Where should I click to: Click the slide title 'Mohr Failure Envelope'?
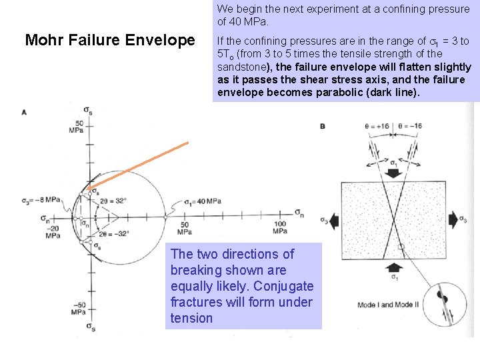pyautogui.click(x=109, y=41)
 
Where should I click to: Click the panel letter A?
pyautogui.click(x=24, y=112)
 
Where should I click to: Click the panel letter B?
pyautogui.click(x=323, y=126)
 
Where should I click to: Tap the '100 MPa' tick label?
pyautogui.click(x=280, y=227)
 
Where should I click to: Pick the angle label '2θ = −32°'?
pyautogui.click(x=114, y=233)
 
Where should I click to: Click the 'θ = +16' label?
pyautogui.click(x=377, y=125)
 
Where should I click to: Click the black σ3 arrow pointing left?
pyautogui.click(x=331, y=219)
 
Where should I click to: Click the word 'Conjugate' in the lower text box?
pyautogui.click(x=285, y=286)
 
